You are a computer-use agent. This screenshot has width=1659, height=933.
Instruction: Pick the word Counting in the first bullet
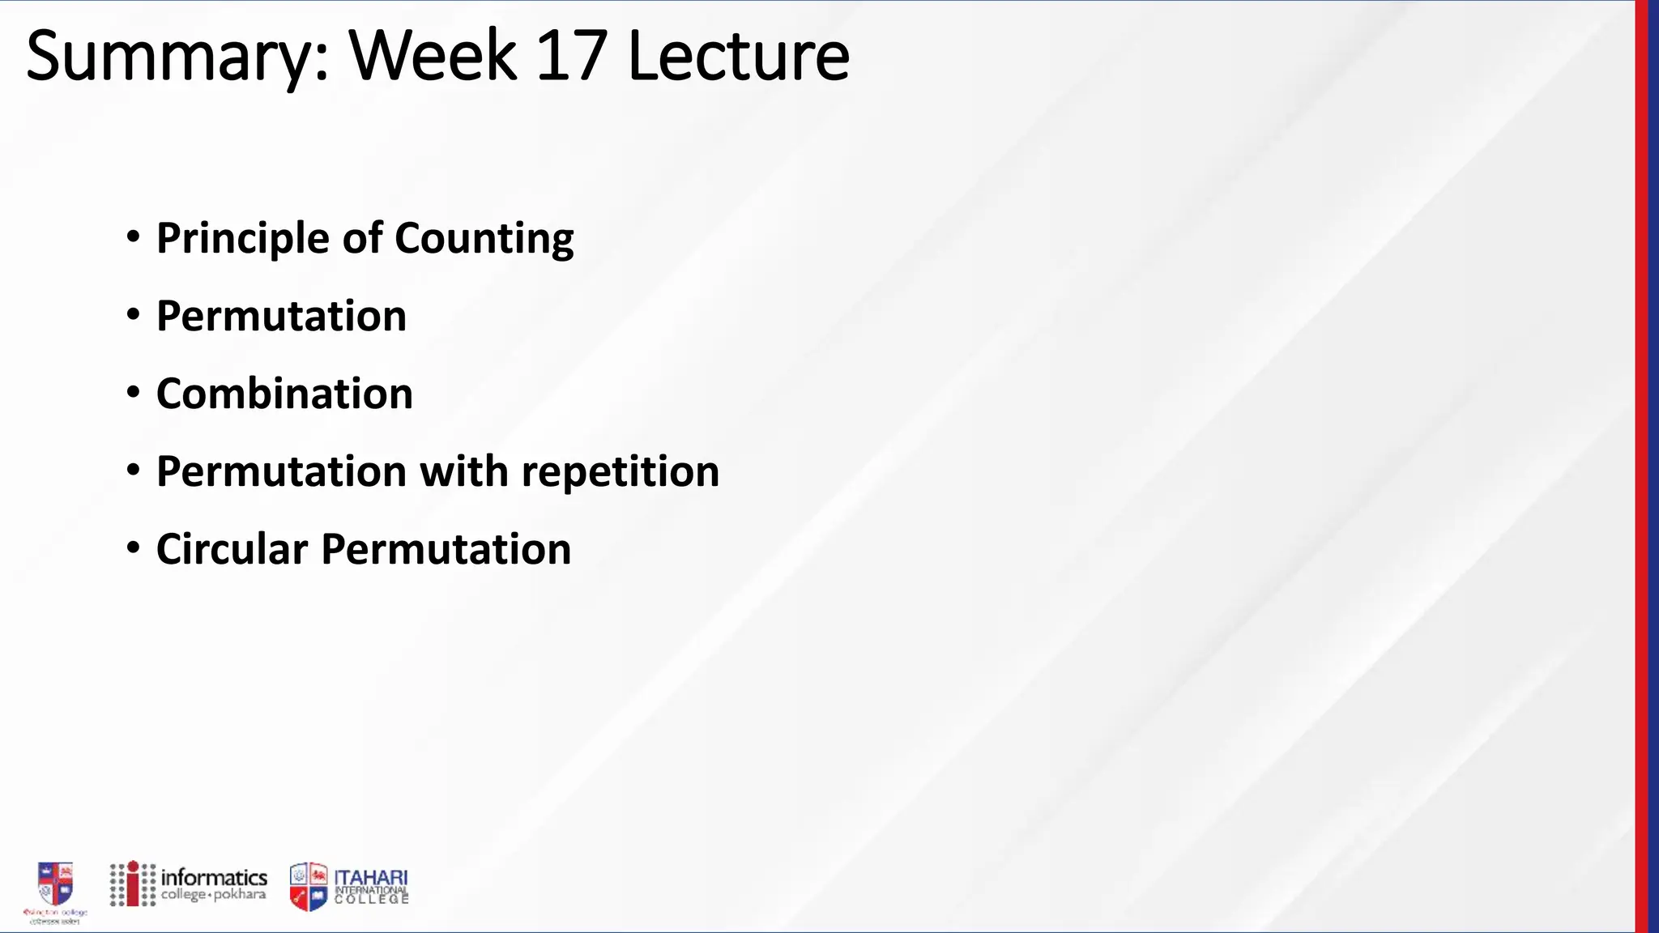pos(484,238)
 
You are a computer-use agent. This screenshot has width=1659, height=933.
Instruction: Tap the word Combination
pos(284,394)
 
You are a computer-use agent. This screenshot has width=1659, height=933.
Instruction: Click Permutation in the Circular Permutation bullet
pos(446,549)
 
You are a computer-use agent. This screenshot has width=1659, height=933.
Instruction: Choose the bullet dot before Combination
pos(134,393)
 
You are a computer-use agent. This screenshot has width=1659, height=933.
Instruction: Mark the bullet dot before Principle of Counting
pos(134,237)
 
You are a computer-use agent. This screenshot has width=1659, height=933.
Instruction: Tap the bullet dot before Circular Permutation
pos(134,548)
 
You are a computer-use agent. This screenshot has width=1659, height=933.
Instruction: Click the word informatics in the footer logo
pos(214,877)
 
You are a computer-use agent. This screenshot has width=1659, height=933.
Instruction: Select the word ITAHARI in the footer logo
pos(371,878)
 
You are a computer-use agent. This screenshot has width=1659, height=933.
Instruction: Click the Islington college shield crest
pos(55,884)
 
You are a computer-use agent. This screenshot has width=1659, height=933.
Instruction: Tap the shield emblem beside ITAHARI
pos(309,886)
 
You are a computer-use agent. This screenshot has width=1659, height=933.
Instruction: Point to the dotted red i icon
pos(133,884)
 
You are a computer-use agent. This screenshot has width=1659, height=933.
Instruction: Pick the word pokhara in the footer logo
pos(240,895)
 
